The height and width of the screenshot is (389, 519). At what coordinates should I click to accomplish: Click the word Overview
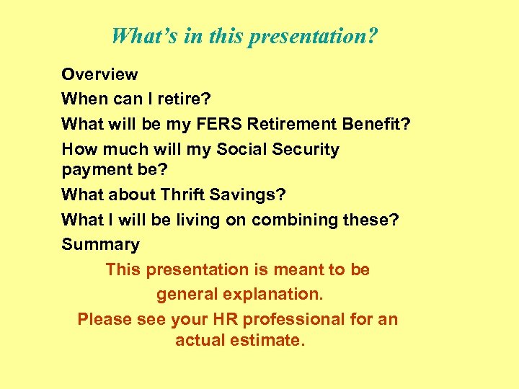point(99,74)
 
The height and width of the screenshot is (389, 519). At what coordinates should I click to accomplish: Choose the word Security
point(308,149)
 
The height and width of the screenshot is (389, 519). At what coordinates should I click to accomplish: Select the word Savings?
point(250,194)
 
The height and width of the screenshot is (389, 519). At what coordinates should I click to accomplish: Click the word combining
point(291,220)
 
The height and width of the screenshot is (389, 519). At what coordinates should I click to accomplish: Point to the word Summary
point(100,245)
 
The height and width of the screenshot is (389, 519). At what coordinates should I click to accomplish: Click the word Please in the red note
point(102,319)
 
